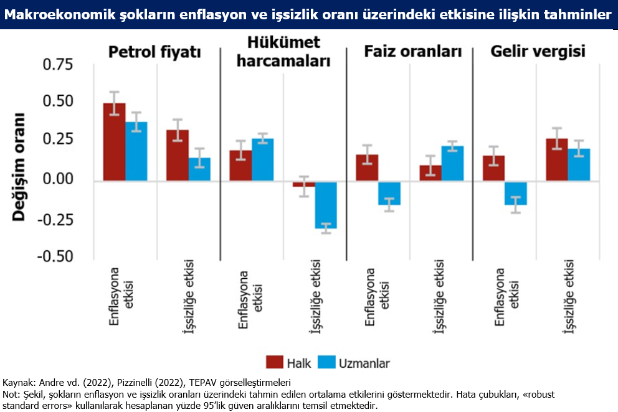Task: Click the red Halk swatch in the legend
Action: (275, 362)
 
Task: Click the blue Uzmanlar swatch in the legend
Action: (326, 362)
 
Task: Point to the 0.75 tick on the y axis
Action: (58, 65)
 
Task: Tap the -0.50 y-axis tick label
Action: (55, 256)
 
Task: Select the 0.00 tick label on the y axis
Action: (58, 179)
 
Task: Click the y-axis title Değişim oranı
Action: (19, 167)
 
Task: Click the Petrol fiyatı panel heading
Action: (154, 52)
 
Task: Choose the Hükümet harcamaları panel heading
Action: (283, 52)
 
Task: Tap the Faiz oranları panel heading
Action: (412, 52)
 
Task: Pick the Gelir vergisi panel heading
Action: (538, 52)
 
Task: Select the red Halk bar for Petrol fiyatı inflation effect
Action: (114, 142)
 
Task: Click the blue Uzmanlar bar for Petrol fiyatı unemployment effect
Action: (199, 169)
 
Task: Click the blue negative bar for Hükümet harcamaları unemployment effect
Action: (326, 205)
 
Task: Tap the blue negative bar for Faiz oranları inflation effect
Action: (389, 193)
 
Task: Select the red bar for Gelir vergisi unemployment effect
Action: (557, 160)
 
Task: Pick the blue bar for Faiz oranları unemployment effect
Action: (452, 164)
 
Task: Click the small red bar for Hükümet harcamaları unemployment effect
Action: (304, 184)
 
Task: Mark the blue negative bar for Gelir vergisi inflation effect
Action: (516, 193)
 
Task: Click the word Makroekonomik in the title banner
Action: (60, 14)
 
